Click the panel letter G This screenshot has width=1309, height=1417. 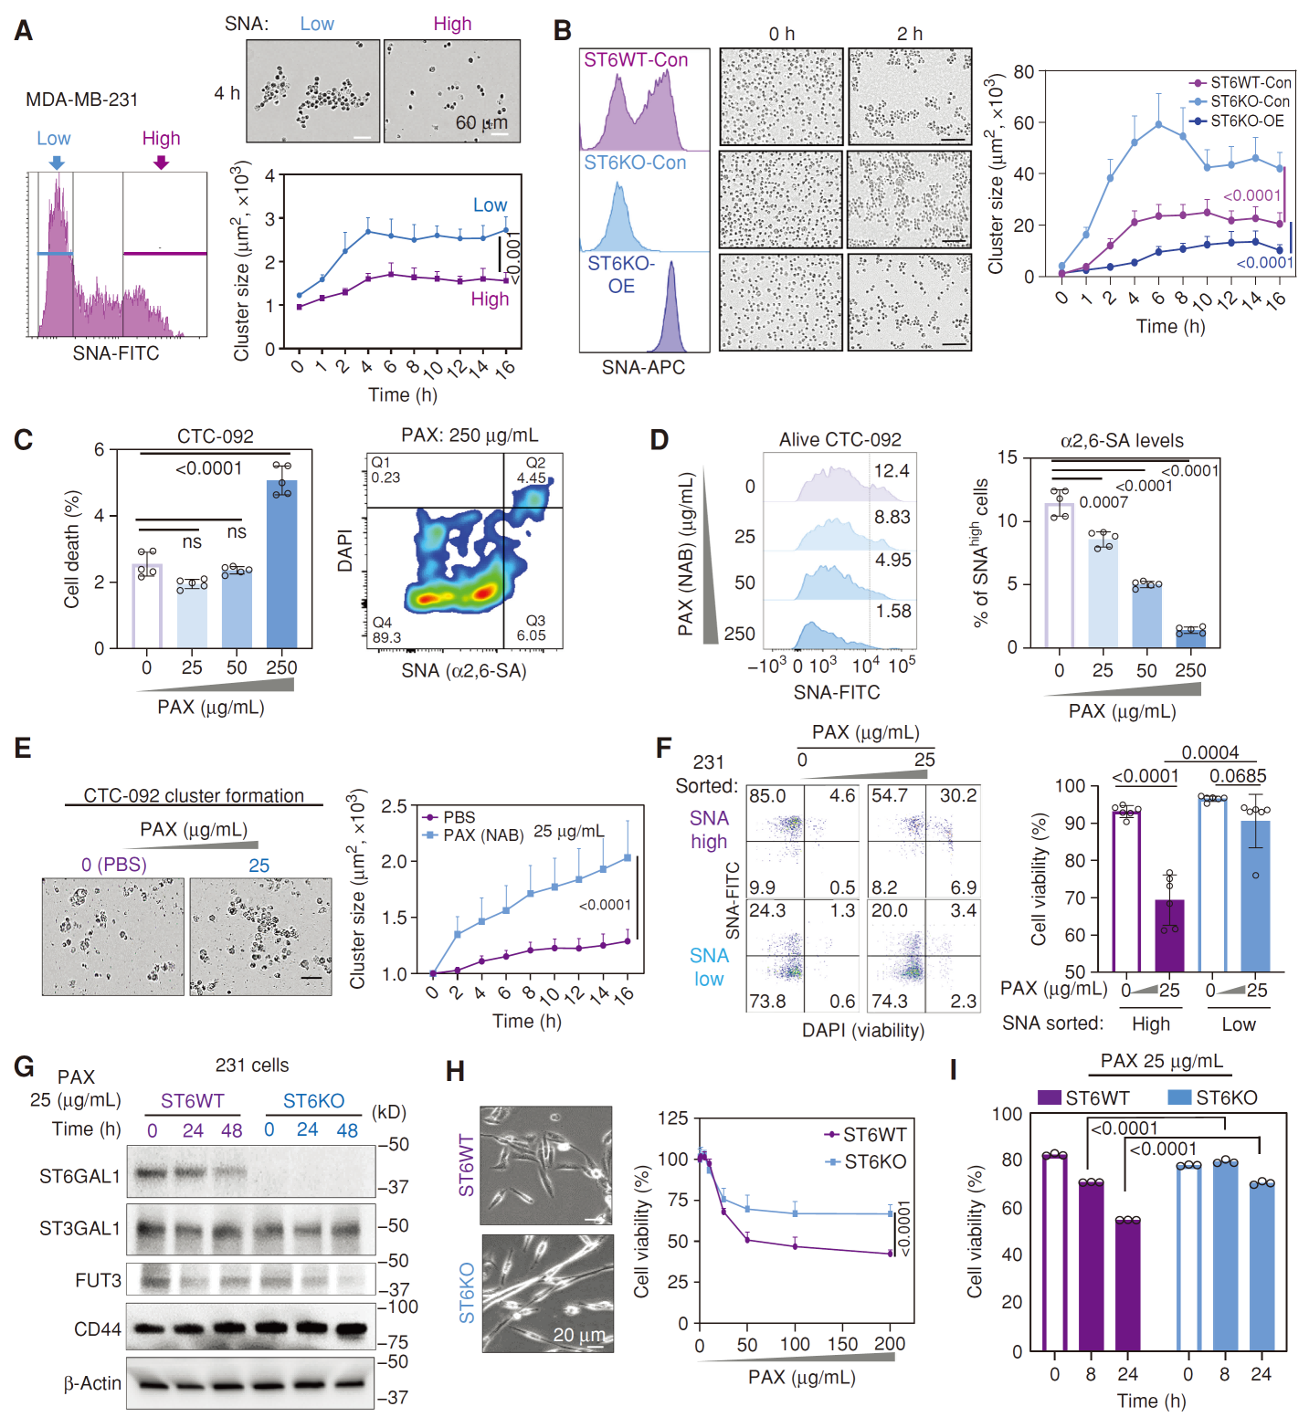click(x=25, y=1066)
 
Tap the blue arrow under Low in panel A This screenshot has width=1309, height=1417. click(x=57, y=163)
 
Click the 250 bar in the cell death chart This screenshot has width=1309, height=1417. click(x=281, y=563)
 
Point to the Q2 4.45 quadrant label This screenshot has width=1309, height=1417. click(x=532, y=470)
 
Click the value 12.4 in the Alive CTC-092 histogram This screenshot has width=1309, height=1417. click(x=891, y=471)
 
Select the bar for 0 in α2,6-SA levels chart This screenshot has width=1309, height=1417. click(x=1059, y=574)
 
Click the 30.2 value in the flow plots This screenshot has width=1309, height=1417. click(x=957, y=796)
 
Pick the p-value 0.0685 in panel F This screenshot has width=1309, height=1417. click(x=1238, y=776)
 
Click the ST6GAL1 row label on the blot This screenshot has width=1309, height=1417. click(x=79, y=1176)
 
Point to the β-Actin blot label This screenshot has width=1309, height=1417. click(x=92, y=1383)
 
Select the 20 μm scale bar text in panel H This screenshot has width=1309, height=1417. click(x=578, y=1335)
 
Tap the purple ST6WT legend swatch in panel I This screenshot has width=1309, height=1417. click(x=1050, y=1097)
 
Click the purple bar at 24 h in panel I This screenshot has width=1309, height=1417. click(x=1127, y=1285)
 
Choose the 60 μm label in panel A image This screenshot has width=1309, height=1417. click(x=481, y=123)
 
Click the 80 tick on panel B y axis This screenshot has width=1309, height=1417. click(x=1023, y=72)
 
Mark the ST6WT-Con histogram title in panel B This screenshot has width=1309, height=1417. click(x=636, y=60)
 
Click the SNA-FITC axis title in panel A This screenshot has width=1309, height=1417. click(x=116, y=353)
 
